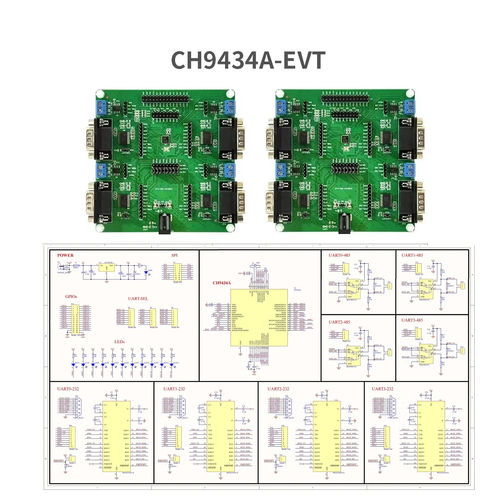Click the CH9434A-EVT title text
click(248, 60)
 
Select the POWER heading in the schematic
click(65, 255)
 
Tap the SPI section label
click(174, 255)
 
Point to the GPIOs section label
click(71, 296)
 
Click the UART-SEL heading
click(138, 299)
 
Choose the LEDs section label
click(119, 342)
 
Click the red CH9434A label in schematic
click(222, 283)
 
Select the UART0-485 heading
click(339, 255)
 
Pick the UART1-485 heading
click(412, 255)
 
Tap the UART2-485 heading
click(339, 322)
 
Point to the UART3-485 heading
click(412, 320)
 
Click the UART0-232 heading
click(68, 389)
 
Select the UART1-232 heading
click(174, 389)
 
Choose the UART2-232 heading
click(278, 389)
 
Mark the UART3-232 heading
click(383, 389)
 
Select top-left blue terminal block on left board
click(102, 107)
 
